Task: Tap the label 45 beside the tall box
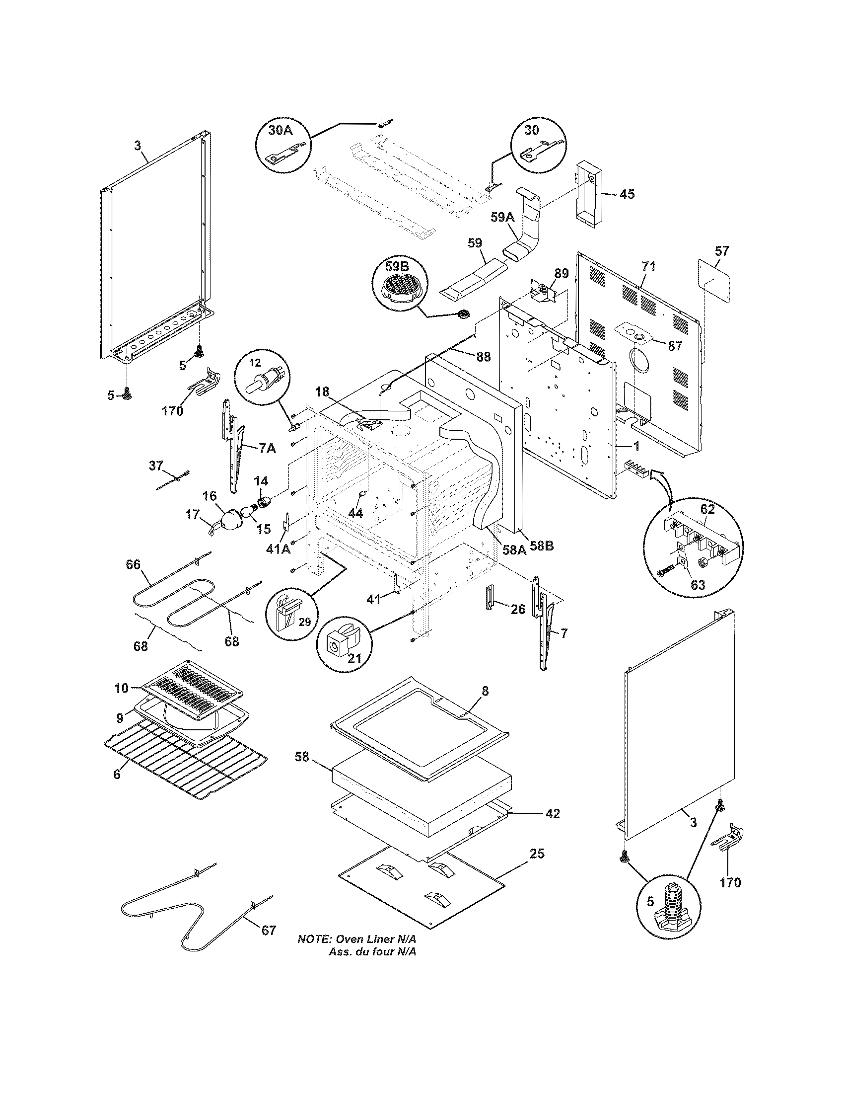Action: pyautogui.click(x=627, y=194)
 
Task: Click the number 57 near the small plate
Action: pyautogui.click(x=722, y=251)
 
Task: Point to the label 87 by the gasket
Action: pyautogui.click(x=675, y=345)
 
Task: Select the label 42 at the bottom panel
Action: pyautogui.click(x=552, y=814)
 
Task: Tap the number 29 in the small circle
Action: pyautogui.click(x=304, y=622)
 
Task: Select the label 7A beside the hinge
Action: pyautogui.click(x=267, y=449)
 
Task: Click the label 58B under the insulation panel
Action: pyautogui.click(x=542, y=546)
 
